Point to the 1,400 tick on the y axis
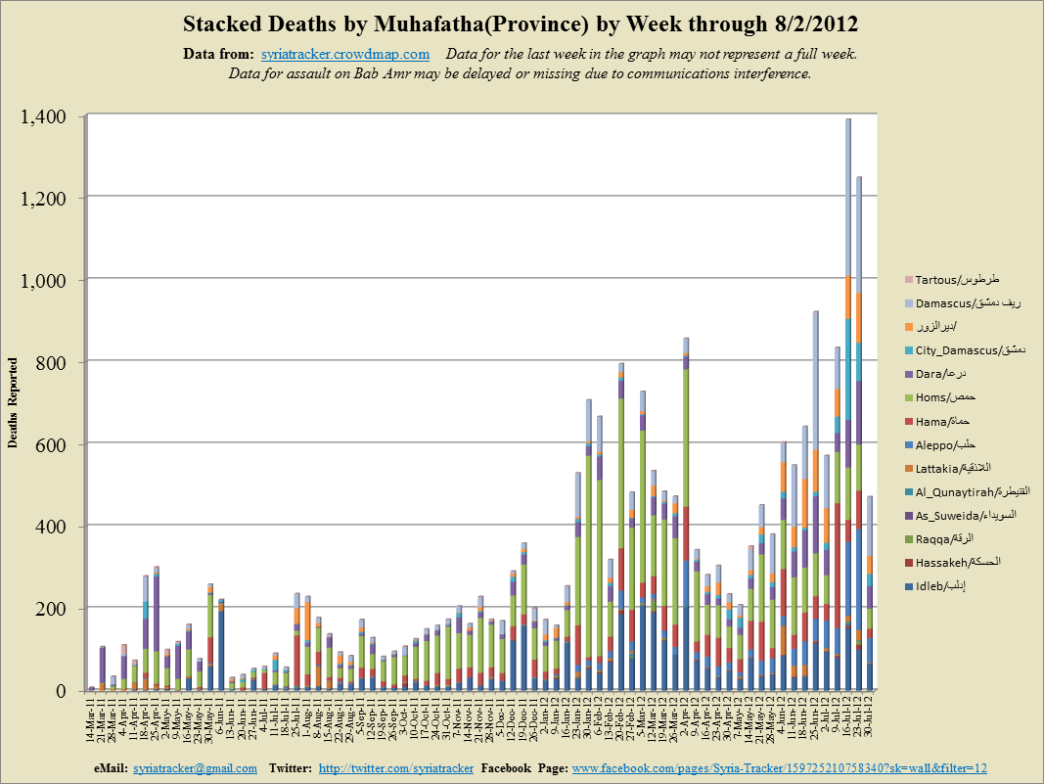click(46, 116)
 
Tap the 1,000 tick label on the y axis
click(46, 281)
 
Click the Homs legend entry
click(944, 398)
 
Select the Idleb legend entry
click(944, 586)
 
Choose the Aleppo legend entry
click(944, 444)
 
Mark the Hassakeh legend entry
click(949, 562)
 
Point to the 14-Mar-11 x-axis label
click(91, 721)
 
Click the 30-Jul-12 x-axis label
click(870, 721)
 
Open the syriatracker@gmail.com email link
click(195, 769)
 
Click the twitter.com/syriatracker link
click(394, 769)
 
